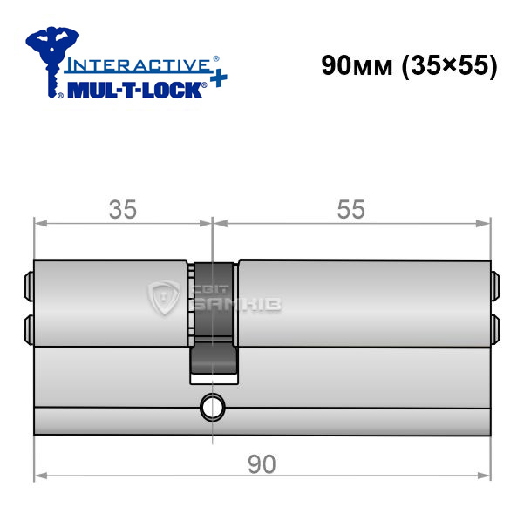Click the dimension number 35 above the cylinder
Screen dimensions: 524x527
pos(123,209)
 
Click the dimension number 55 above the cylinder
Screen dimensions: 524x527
pos(350,209)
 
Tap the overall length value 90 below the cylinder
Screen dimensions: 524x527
pos(262,464)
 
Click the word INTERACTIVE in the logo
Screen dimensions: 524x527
pos(139,64)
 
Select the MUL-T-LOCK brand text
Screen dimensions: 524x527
pos(135,90)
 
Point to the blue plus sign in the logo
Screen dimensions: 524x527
pos(219,79)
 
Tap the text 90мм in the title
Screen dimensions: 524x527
pos(357,65)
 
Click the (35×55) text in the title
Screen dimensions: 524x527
pos(449,66)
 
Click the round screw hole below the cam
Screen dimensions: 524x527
pos(212,408)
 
